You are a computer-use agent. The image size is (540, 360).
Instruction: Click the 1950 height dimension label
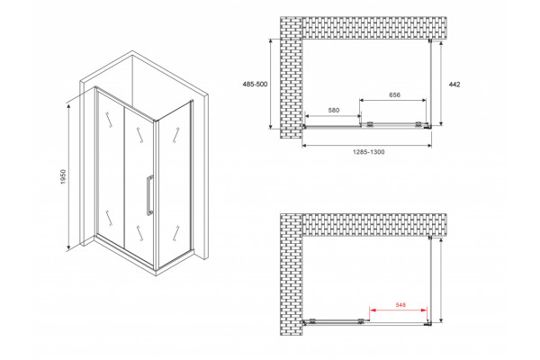point(63,176)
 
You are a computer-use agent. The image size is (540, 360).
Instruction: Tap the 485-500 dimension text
point(255,85)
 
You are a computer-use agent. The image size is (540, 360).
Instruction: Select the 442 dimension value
point(454,85)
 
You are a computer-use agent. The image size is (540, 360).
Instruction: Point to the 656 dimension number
point(395,94)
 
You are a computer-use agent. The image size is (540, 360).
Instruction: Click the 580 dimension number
point(334,110)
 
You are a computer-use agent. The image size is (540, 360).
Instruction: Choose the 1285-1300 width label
point(368,152)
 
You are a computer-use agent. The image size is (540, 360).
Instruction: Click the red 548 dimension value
point(400,305)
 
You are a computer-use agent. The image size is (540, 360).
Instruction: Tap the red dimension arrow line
point(399,310)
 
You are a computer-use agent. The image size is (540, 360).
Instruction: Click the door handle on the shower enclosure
point(149,195)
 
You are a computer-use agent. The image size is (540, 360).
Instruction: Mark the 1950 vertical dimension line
point(69,176)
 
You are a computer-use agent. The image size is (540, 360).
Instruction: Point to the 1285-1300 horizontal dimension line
point(367,146)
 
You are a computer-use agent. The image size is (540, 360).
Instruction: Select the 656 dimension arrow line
point(393,100)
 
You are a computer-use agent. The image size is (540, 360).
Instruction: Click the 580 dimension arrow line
point(333,116)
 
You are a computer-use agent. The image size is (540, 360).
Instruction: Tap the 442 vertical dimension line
point(441,83)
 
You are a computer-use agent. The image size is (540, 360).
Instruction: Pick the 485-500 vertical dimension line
point(271,84)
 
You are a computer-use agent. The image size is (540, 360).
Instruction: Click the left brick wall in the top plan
point(291,77)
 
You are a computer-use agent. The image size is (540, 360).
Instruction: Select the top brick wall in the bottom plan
point(374,225)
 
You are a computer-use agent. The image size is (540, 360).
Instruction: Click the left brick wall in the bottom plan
point(291,274)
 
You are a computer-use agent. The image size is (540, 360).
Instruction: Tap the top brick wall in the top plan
point(374,28)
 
